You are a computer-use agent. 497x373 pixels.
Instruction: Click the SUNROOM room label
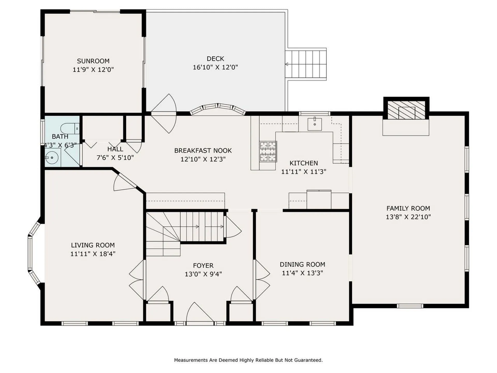[x=93, y=61]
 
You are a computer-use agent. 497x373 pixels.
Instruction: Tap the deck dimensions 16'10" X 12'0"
[x=215, y=67]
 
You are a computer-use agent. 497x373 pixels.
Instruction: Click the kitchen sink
[x=315, y=124]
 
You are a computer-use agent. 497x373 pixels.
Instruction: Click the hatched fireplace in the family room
[x=406, y=110]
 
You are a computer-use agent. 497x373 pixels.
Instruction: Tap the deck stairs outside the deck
[x=306, y=64]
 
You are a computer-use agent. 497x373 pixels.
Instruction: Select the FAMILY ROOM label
[x=408, y=209]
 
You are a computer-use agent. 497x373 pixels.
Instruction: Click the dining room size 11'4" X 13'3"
[x=302, y=273]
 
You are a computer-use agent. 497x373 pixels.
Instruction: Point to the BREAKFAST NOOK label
[x=203, y=151]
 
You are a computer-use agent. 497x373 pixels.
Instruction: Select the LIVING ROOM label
[x=93, y=245]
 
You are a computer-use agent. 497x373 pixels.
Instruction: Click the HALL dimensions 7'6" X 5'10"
[x=115, y=157]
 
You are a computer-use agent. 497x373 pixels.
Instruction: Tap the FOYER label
[x=203, y=266]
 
